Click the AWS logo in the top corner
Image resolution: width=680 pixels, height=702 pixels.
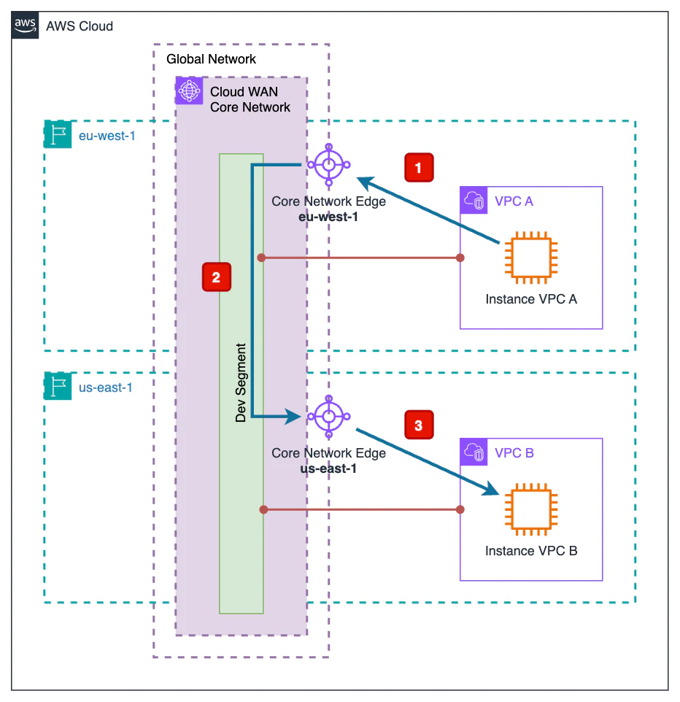26,26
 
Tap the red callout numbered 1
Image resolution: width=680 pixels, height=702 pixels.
418,168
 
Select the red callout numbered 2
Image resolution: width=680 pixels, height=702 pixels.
216,277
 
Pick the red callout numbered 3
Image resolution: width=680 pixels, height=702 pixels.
418,426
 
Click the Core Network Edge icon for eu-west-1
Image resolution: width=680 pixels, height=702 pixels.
329,166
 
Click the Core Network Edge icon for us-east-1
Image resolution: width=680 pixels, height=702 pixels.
329,417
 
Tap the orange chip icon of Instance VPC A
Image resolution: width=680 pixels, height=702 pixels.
531,258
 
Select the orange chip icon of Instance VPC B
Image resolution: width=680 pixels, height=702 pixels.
531,509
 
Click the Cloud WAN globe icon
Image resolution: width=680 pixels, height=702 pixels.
190,92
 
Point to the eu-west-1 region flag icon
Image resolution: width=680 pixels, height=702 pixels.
58,134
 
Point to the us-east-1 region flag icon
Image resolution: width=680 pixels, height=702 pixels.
58,387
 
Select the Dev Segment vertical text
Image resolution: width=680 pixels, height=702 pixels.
241,383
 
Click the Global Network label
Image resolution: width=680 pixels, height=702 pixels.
211,58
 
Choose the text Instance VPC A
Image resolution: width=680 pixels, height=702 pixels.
531,299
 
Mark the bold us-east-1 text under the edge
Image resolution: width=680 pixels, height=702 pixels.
328,468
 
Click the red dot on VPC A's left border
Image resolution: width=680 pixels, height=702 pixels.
460,258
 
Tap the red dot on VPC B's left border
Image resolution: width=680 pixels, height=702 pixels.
460,509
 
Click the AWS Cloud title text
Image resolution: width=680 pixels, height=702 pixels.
80,26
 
